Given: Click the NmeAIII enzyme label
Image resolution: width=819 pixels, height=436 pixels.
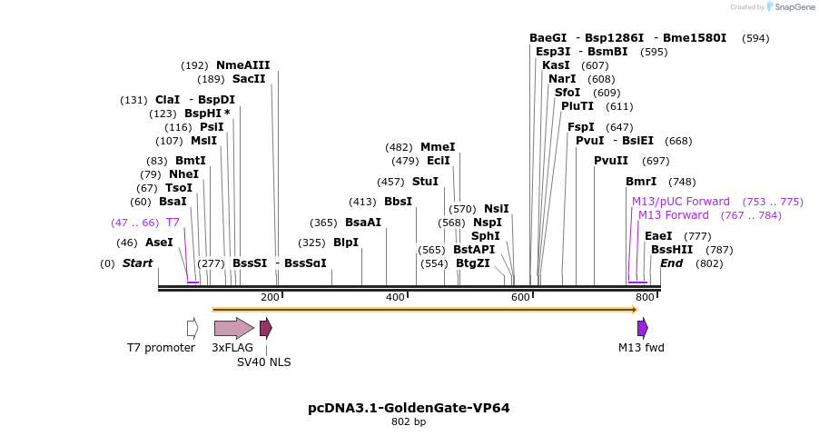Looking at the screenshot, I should tap(242, 65).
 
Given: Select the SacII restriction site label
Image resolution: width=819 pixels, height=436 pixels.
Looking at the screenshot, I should tap(249, 79).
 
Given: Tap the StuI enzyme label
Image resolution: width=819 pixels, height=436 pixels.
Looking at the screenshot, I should tap(425, 182).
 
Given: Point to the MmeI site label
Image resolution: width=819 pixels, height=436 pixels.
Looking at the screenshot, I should tap(438, 147).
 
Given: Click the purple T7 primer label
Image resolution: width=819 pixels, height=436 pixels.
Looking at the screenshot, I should tap(173, 223).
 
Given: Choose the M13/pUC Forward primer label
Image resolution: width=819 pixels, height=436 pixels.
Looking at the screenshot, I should tap(681, 202).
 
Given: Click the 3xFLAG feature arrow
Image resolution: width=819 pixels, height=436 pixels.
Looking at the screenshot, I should tap(233, 328).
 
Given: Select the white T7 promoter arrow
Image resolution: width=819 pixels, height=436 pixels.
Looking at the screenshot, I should tap(192, 328).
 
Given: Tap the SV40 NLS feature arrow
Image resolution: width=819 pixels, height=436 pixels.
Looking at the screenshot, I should tap(265, 328).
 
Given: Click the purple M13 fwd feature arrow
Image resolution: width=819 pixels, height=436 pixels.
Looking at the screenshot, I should tap(642, 328).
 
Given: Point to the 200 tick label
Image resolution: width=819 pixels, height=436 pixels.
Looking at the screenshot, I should tap(270, 298).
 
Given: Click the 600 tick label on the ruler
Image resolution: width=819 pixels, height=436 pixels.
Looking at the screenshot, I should tap(520, 298).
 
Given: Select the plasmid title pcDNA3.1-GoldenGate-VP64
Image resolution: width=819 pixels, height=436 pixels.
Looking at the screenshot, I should tap(409, 408).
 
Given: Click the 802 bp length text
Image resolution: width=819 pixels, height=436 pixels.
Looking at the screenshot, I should tap(409, 422).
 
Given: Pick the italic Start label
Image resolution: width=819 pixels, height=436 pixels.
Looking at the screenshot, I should tap(137, 263).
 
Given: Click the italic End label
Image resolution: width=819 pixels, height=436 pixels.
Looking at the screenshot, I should tap(671, 263).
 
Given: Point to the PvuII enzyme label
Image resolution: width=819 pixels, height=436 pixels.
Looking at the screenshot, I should tap(611, 161).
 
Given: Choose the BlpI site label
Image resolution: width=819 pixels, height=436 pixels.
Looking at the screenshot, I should tap(346, 243).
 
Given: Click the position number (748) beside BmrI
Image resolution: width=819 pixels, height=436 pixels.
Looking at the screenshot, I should tap(681, 182).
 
